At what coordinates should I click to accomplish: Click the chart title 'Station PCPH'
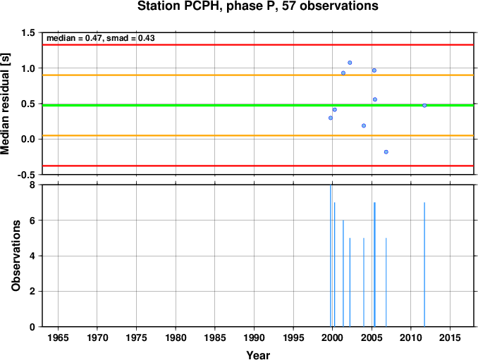(x=180, y=6)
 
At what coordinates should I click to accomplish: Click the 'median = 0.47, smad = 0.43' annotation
(x=101, y=38)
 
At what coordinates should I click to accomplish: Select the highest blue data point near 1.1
(x=350, y=63)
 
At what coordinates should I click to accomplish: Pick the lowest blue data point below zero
(x=386, y=152)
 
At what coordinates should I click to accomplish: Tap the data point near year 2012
(x=424, y=106)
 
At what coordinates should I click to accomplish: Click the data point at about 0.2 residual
(x=364, y=126)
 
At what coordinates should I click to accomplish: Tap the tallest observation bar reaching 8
(x=331, y=256)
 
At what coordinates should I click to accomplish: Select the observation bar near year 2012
(x=424, y=264)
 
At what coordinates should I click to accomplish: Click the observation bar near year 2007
(x=386, y=282)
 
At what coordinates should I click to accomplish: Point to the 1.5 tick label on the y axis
(x=28, y=33)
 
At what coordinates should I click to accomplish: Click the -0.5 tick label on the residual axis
(x=26, y=175)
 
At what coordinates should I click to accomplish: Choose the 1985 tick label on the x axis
(x=215, y=337)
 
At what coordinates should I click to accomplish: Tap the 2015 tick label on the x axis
(x=450, y=337)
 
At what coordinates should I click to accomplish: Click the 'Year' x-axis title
(x=258, y=355)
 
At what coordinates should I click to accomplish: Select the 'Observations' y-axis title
(x=16, y=256)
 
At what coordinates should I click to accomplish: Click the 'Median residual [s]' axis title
(x=5, y=104)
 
